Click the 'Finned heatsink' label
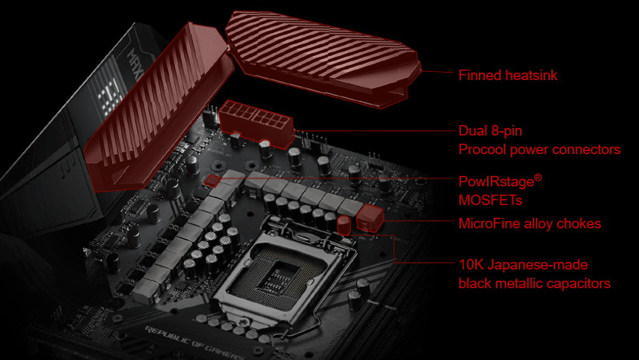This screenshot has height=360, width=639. click(x=508, y=75)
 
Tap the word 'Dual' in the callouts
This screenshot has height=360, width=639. click(x=473, y=130)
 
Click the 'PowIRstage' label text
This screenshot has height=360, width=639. click(x=496, y=182)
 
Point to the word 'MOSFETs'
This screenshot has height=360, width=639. click(x=485, y=200)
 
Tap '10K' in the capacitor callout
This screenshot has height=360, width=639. click(x=471, y=265)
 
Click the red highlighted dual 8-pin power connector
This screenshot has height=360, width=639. click(x=257, y=122)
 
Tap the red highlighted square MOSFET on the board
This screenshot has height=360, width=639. click(x=213, y=180)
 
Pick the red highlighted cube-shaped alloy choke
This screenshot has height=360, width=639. click(x=370, y=218)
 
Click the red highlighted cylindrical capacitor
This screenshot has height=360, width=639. click(x=343, y=225)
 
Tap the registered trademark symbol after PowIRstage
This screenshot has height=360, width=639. click(x=538, y=177)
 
